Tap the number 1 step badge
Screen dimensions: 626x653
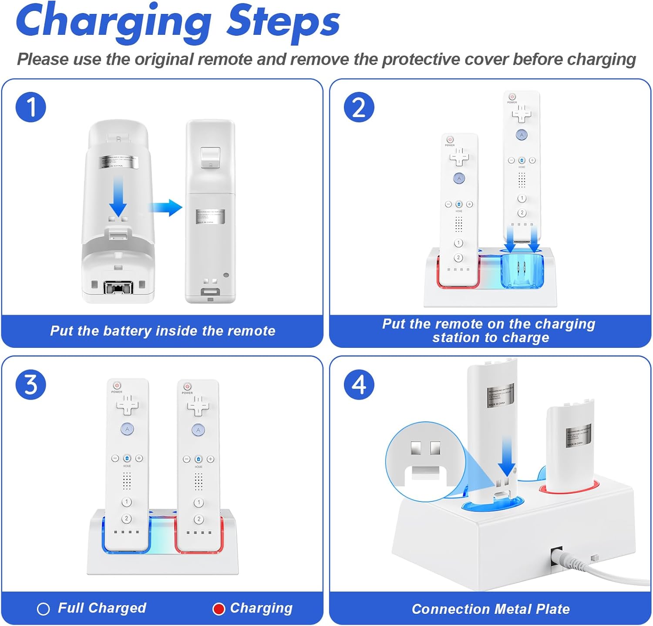point(31,107)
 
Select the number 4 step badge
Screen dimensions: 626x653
point(359,384)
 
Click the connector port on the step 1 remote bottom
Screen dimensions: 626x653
point(118,287)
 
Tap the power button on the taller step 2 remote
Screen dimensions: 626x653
point(512,97)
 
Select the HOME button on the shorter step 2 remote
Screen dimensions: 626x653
point(459,204)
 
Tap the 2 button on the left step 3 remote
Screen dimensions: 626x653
point(127,518)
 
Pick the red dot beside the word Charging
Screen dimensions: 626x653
point(219,609)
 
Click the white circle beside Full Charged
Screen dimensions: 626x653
point(44,609)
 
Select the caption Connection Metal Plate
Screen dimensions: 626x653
point(491,609)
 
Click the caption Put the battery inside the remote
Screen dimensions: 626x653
point(162,331)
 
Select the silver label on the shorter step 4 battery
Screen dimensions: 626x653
point(578,435)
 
